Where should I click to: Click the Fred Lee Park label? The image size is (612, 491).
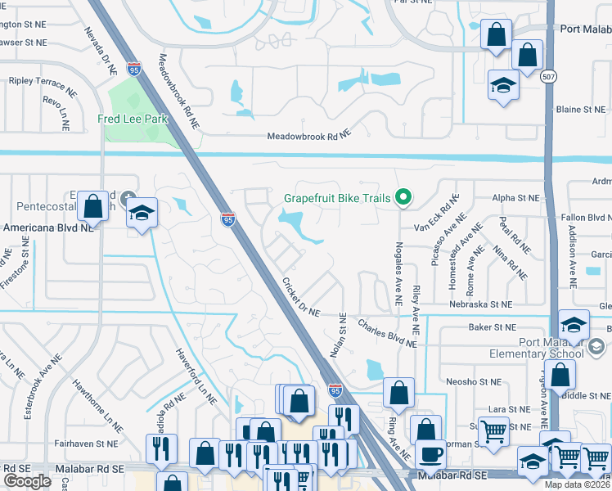(x=133, y=119)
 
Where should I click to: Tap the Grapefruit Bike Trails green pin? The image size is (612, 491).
(x=403, y=197)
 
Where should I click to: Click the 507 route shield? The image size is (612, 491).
(x=549, y=76)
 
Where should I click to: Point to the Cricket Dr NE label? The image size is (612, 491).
(x=300, y=297)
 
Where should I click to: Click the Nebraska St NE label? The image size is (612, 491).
(x=482, y=304)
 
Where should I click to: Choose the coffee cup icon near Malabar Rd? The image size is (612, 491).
(x=430, y=454)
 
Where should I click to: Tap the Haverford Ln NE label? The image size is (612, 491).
(x=194, y=376)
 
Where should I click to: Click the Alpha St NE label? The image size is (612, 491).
(x=515, y=198)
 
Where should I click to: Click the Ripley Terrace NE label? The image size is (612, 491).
(x=42, y=82)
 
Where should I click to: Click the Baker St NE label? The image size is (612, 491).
(x=490, y=327)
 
